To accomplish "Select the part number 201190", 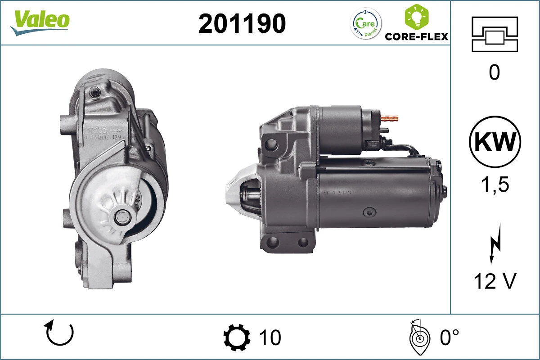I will coord(242,23).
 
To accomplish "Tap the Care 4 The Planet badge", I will coord(365,23).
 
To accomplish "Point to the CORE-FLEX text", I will coord(417,36).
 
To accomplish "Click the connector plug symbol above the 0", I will coord(494,34).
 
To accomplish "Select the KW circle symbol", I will coord(495,142).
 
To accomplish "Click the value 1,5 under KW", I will coord(495,184).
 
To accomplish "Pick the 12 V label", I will coord(495,281).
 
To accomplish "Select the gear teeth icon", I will coord(237,337).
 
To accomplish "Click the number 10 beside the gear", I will coord(270,337).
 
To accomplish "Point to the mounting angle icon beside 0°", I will coord(419,337).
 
